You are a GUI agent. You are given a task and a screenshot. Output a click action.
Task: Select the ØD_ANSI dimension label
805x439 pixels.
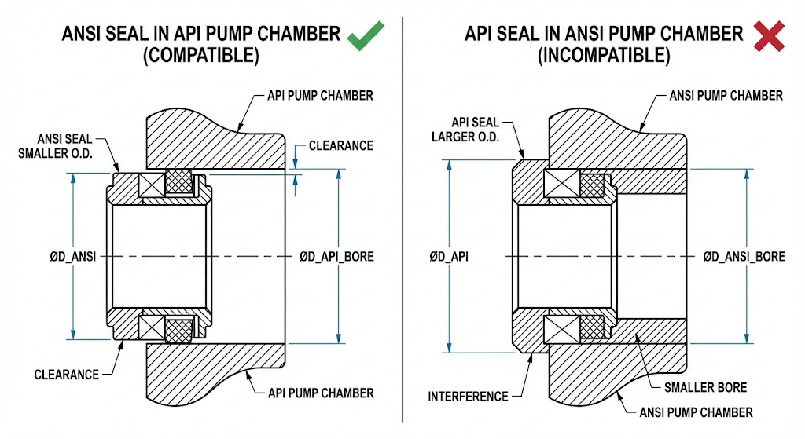pos(72,257)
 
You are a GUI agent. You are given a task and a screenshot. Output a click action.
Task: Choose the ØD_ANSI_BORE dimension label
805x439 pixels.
pos(744,257)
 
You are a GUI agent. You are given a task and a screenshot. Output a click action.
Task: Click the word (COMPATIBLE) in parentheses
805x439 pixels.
pos(200,57)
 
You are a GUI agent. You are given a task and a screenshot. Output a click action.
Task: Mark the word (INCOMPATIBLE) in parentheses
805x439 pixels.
pos(603,57)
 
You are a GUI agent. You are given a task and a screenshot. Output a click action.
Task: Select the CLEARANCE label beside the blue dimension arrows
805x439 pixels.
pos(340,146)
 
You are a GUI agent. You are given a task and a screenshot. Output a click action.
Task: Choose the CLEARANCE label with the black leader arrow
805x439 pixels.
pos(67,375)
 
